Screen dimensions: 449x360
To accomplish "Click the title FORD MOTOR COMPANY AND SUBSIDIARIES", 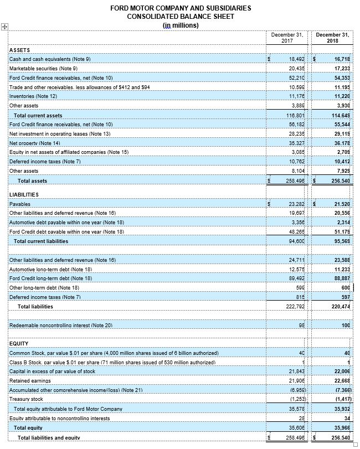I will click(x=181, y=8).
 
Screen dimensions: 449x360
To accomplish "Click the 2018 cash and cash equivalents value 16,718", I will click(x=340, y=58).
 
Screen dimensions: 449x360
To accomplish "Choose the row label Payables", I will click(x=20, y=204).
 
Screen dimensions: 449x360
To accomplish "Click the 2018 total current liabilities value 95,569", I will click(x=339, y=241).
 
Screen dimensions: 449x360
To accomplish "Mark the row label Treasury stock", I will click(x=26, y=399).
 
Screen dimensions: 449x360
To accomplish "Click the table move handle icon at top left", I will click(x=4, y=27).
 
